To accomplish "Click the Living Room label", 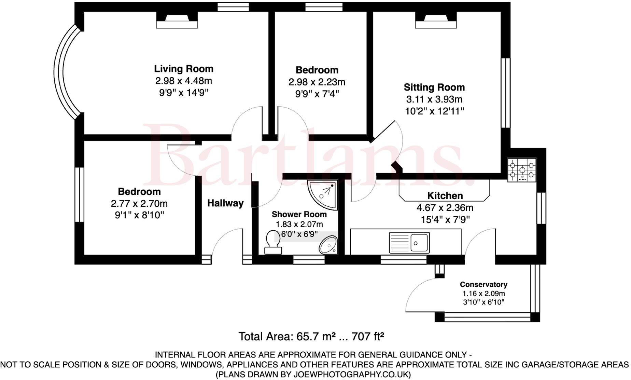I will coord(184,69).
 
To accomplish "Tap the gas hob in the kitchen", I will coord(522,170).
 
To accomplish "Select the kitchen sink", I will coord(409,243).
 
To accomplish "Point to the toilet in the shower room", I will coord(273,242).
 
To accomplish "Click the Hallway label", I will coord(225,203).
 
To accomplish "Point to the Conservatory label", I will coord(483,285).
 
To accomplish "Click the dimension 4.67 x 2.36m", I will coord(445,208).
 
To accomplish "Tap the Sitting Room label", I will coord(434,87).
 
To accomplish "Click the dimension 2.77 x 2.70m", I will coord(139,204).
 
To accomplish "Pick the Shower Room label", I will coord(299,215).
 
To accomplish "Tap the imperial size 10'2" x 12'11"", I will coord(434,111).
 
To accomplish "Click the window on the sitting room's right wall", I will coord(506,93).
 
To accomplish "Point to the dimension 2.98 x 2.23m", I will coord(317,82).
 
